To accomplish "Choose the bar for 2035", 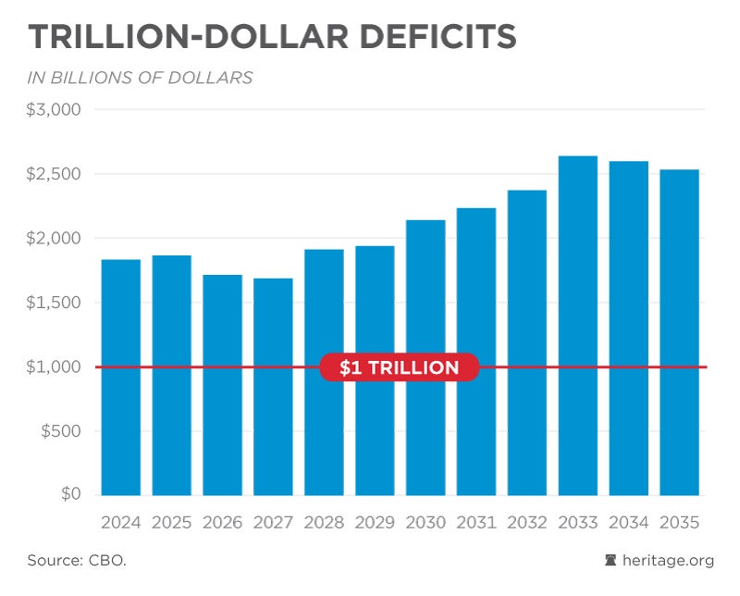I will [x=679, y=332].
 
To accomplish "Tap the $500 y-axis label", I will [x=61, y=431].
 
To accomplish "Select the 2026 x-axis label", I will [x=222, y=522].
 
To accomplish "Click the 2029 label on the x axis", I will [x=375, y=522].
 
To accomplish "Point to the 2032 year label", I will [x=527, y=522].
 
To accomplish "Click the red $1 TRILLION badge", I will [x=399, y=367].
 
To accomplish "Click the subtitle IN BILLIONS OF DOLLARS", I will [x=140, y=78].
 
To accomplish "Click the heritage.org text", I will [x=669, y=561].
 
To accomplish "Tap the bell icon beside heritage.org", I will [x=610, y=561].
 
